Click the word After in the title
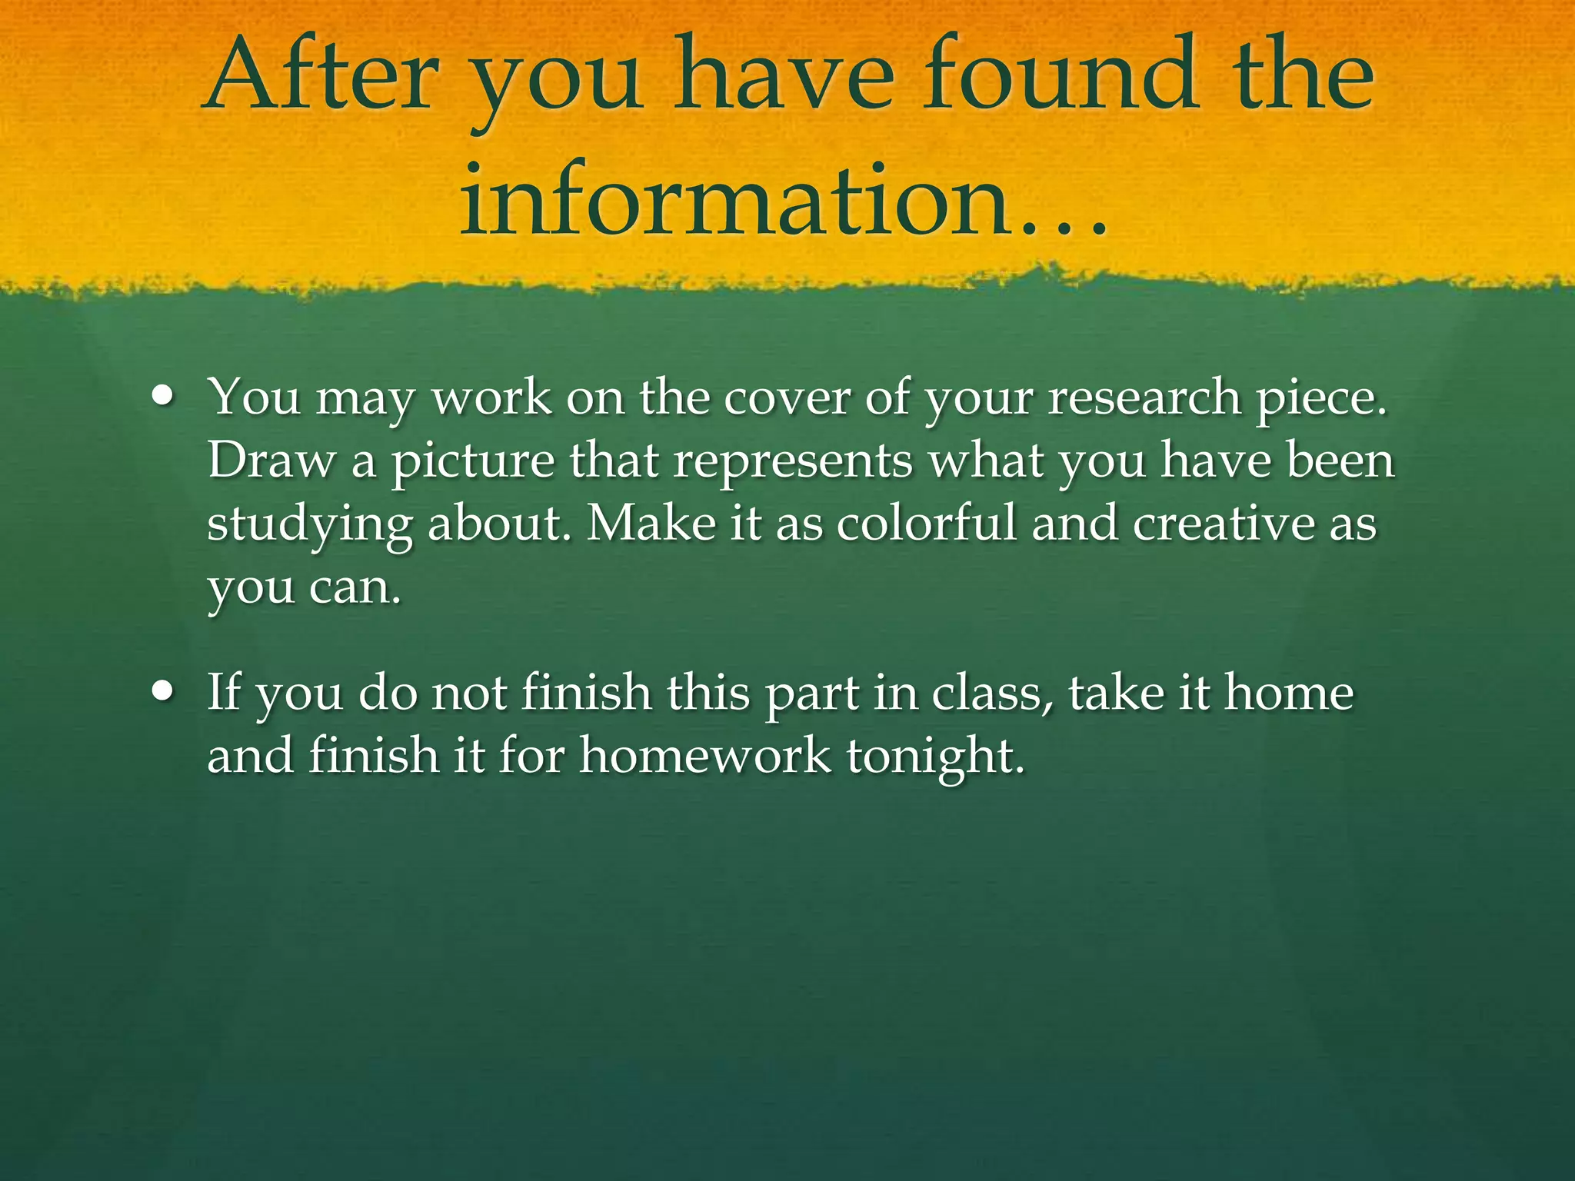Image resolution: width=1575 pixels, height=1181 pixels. click(x=321, y=77)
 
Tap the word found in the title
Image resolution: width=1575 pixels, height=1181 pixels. click(x=1061, y=77)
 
